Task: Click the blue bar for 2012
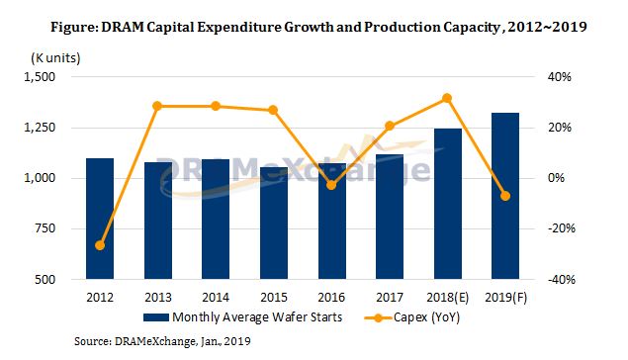click(100, 219)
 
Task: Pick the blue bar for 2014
click(216, 219)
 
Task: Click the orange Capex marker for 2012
click(100, 245)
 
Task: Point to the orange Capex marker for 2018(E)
click(448, 98)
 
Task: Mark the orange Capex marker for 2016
click(332, 185)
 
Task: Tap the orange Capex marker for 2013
click(158, 106)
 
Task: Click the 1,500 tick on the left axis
click(44, 76)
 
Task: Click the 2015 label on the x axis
click(274, 295)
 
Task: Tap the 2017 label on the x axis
click(390, 295)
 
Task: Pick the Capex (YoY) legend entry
click(417, 317)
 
